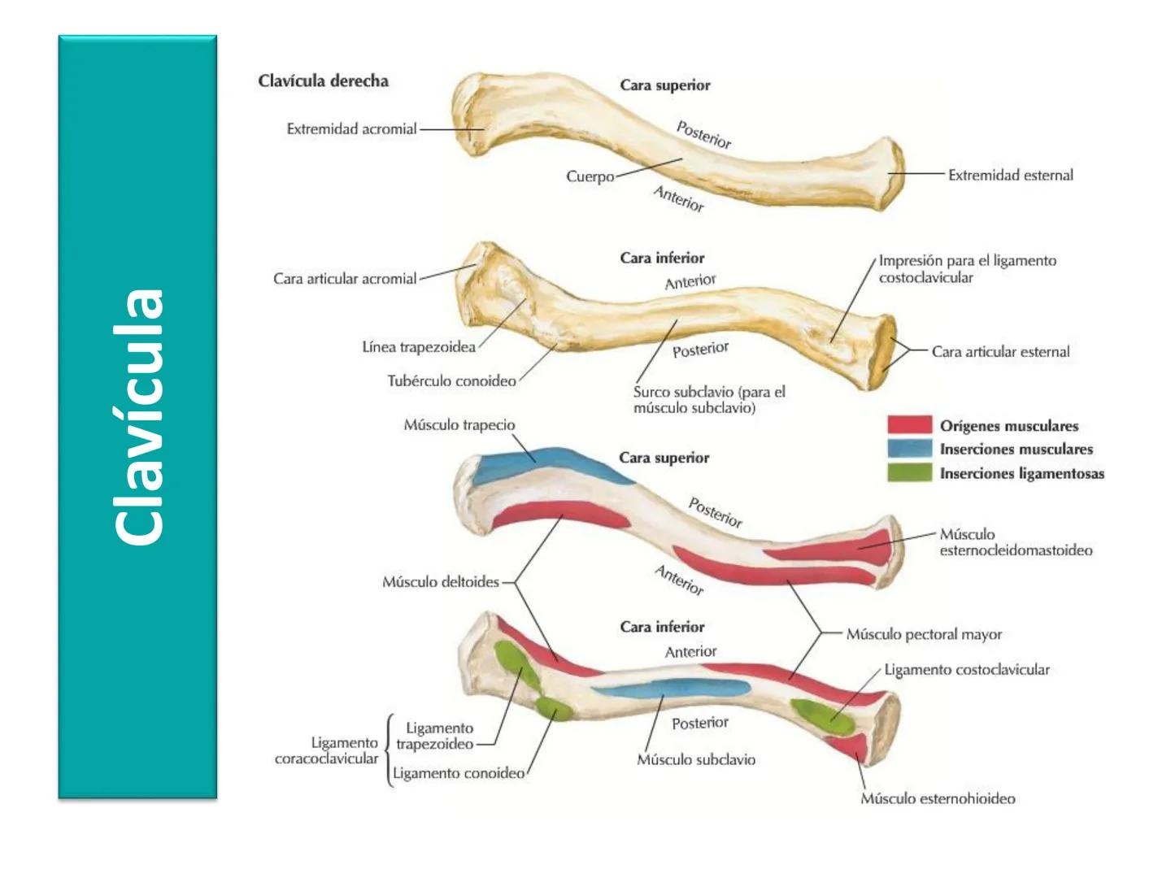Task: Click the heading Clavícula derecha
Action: tap(323, 81)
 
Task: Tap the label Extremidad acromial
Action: tap(351, 129)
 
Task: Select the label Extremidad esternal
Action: tap(1010, 175)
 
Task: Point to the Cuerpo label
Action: tap(590, 176)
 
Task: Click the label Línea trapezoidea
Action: tap(419, 347)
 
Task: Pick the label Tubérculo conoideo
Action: tap(451, 380)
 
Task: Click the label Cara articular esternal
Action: tap(1000, 352)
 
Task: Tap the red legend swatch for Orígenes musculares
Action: tap(909, 425)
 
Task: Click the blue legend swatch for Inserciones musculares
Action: tap(909, 449)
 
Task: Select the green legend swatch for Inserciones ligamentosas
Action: tap(909, 473)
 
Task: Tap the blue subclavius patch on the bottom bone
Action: tap(671, 690)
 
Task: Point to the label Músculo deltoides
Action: tap(440, 582)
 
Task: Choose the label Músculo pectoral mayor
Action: tap(924, 634)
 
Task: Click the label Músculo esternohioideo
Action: tap(938, 798)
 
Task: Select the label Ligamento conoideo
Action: tap(459, 773)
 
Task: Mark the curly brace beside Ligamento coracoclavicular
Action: tap(389, 750)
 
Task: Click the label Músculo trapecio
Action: tap(459, 425)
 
